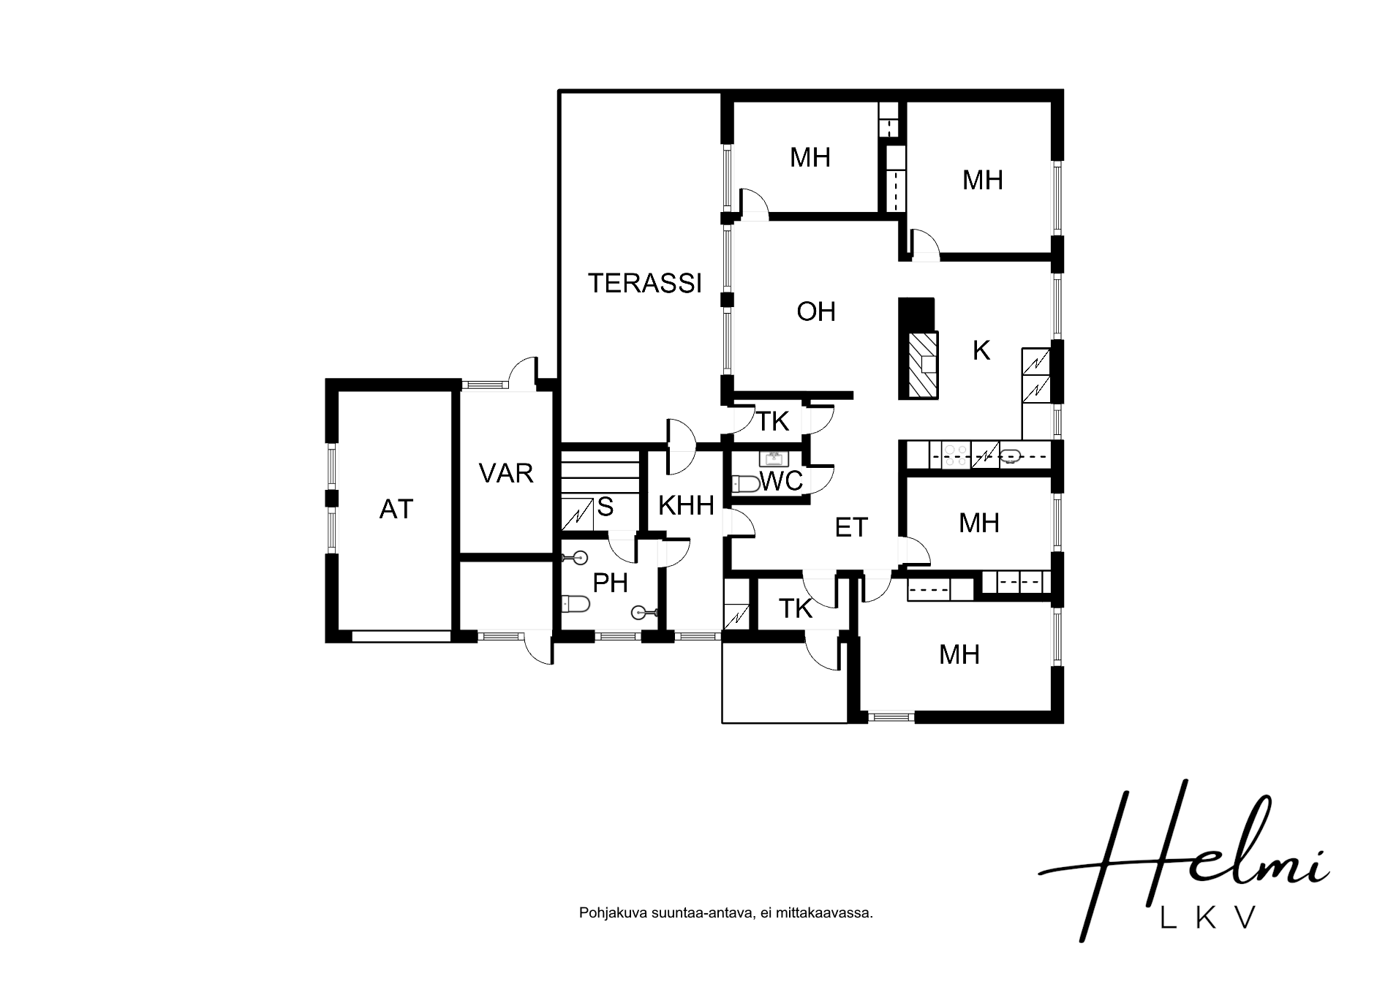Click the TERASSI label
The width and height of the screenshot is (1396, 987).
(x=645, y=283)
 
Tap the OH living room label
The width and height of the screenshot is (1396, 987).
(x=816, y=311)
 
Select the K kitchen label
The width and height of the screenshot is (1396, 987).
(x=981, y=351)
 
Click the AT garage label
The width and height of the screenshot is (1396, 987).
(x=396, y=509)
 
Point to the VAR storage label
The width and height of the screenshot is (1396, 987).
(x=506, y=473)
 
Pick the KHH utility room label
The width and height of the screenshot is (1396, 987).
(x=686, y=505)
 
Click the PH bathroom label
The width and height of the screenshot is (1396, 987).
(x=610, y=583)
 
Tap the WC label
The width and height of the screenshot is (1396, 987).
(x=781, y=481)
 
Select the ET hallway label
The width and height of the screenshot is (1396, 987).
(x=851, y=527)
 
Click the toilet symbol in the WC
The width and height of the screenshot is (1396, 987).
(x=746, y=483)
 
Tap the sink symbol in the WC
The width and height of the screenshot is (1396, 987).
(x=773, y=459)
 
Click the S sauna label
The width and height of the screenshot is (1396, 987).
(x=605, y=507)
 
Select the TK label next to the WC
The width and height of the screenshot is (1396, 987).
(x=773, y=421)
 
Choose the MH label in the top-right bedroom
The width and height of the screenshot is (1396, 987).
(x=982, y=180)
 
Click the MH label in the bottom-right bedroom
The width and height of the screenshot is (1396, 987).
(x=959, y=654)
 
